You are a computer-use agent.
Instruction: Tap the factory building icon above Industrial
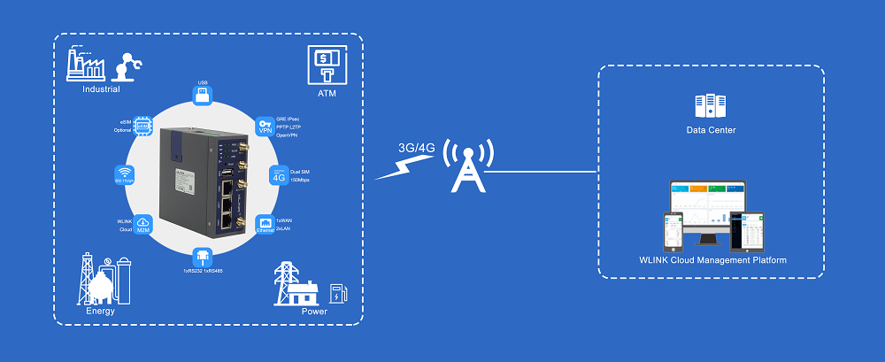pos(85,65)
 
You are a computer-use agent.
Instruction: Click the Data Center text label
pos(711,130)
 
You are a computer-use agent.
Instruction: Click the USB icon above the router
pos(203,95)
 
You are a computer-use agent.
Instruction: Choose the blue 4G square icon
pos(278,175)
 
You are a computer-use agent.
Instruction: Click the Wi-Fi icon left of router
pos(125,174)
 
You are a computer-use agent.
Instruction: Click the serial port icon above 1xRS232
pos(203,258)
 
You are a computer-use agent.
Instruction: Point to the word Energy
pos(100,311)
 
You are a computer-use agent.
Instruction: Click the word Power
pos(314,311)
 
